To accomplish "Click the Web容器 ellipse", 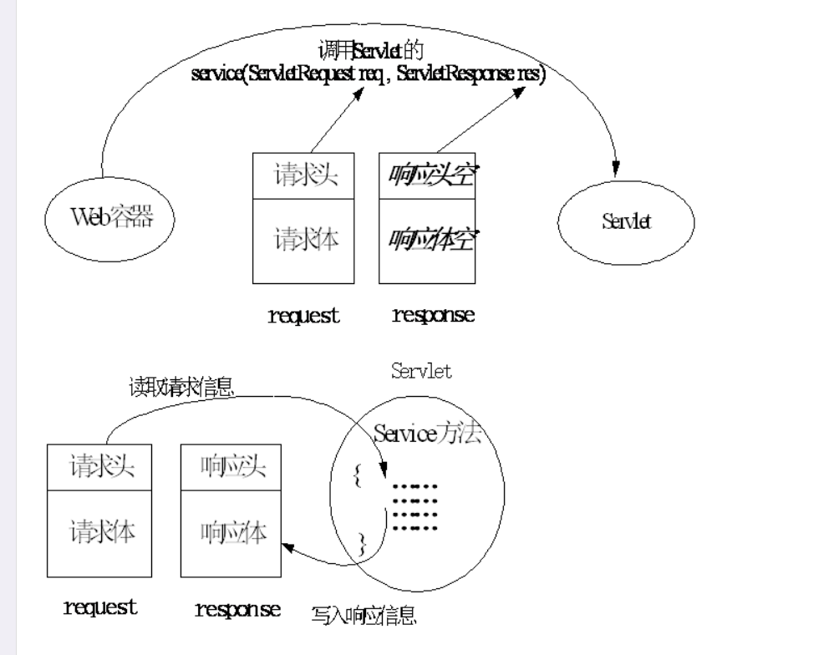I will point(112,219).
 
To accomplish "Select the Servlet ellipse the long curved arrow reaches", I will point(627,221).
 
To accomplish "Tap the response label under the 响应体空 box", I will point(433,315).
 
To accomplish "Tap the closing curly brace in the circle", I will point(362,544).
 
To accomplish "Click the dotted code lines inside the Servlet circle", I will point(415,505).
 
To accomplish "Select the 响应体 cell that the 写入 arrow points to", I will point(233,532).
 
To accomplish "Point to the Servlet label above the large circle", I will point(421,371).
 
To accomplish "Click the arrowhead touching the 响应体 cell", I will point(288,547).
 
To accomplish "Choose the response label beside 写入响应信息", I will point(237,608).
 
